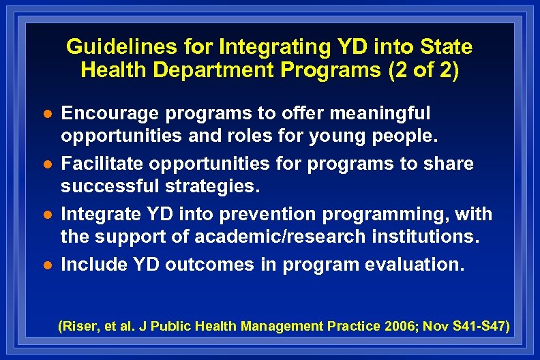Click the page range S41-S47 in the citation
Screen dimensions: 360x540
[479, 327]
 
